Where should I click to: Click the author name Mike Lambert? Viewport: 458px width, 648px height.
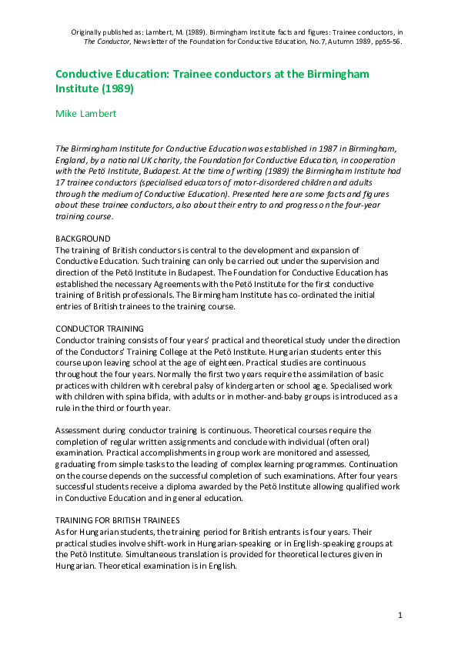tap(87, 113)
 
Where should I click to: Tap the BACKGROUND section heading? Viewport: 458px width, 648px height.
tap(82, 239)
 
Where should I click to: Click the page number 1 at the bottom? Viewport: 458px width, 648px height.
tap(400, 615)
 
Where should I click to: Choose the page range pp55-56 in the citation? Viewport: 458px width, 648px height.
tap(385, 42)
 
